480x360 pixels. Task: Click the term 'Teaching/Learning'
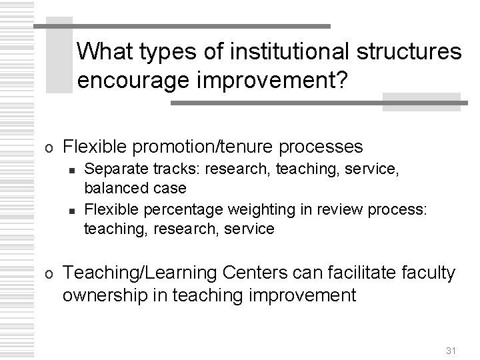point(143,272)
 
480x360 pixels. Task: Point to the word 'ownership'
point(107,295)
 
